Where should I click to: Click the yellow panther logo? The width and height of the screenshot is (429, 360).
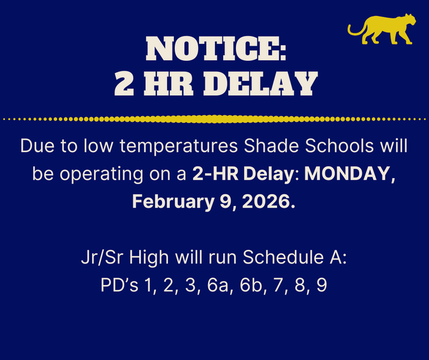380,30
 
